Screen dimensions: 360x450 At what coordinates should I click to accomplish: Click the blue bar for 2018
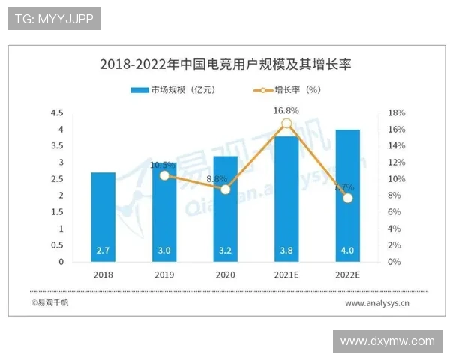click(103, 217)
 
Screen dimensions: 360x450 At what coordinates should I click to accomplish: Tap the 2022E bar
click(347, 196)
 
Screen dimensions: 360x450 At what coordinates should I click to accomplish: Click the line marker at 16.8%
click(286, 124)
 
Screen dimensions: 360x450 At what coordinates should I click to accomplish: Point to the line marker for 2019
click(164, 175)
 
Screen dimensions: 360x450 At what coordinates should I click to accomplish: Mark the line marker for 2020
click(226, 189)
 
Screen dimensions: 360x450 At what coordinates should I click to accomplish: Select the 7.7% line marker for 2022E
click(347, 198)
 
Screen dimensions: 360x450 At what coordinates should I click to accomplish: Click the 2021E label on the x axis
click(286, 275)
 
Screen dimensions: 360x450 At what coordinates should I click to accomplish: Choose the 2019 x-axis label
click(164, 275)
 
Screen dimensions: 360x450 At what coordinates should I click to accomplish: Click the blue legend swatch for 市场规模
click(139, 89)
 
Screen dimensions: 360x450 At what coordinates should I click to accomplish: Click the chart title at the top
click(225, 64)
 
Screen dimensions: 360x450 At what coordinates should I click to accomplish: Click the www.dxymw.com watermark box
click(387, 341)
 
